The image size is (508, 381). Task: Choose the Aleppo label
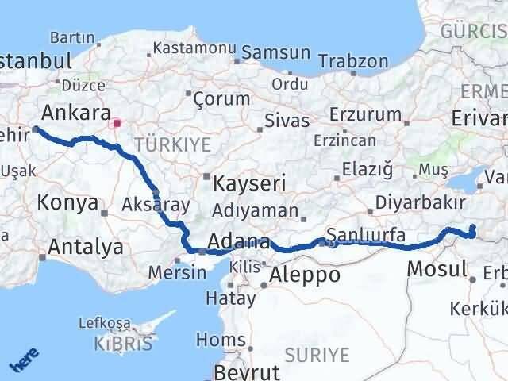click(305, 275)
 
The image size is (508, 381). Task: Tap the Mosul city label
click(437, 268)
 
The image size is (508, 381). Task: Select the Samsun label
click(275, 52)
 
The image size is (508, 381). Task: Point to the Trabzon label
click(353, 61)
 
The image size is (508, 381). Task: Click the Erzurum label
click(365, 115)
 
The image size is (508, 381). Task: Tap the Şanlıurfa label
click(367, 235)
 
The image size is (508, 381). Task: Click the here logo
click(24, 360)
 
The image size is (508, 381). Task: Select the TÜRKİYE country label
click(172, 144)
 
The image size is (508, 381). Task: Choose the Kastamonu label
click(194, 48)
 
